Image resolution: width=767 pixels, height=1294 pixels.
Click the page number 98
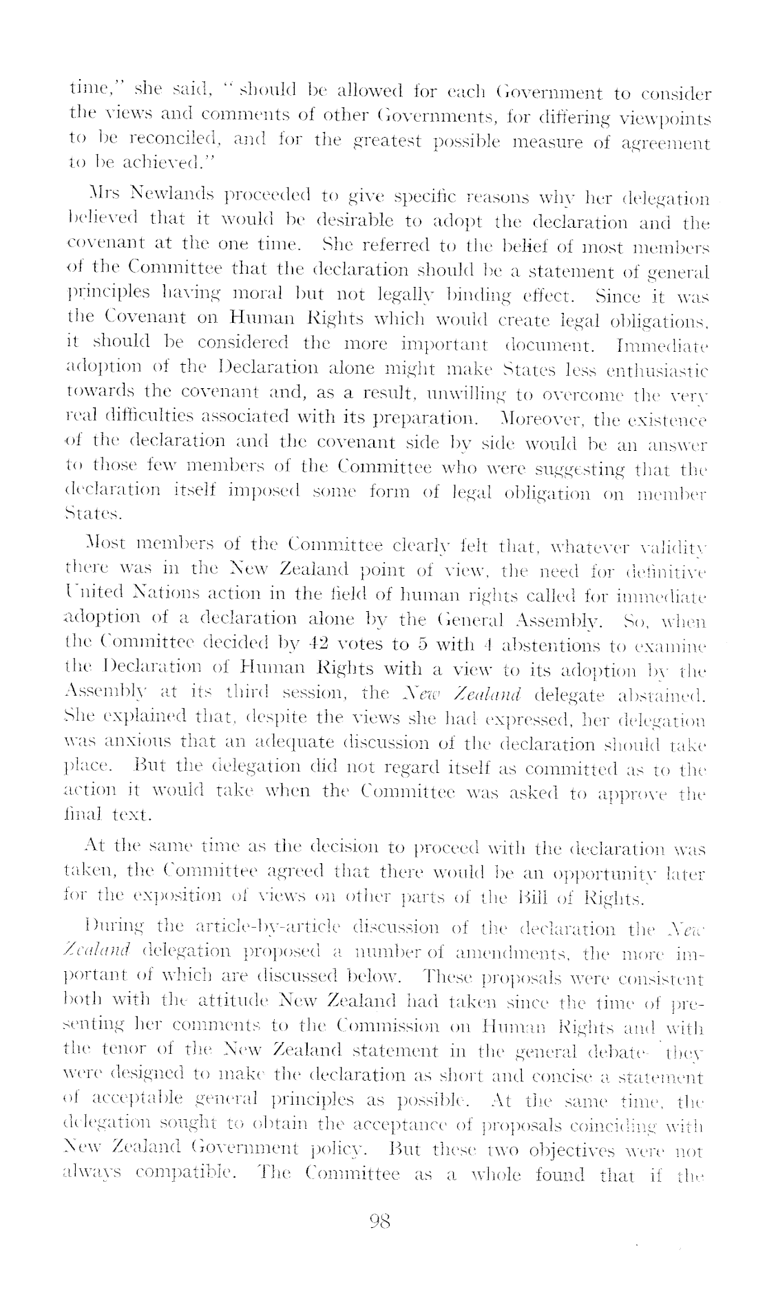380,1221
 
